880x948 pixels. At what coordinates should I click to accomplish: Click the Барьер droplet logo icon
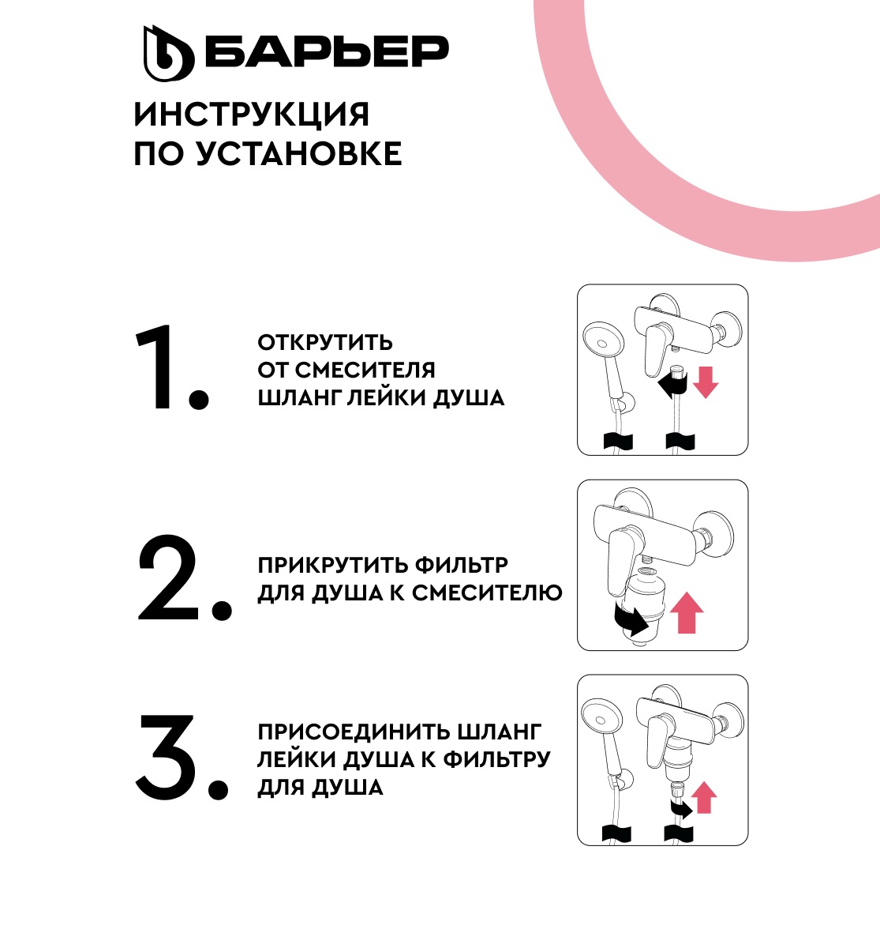pos(167,53)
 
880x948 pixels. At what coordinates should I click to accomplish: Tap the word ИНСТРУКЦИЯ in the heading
pos(251,115)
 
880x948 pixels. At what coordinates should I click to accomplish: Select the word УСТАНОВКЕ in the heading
pos(299,154)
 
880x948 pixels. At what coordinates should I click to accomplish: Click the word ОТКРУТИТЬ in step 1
pos(325,343)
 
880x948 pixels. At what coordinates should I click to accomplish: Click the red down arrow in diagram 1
pos(706,382)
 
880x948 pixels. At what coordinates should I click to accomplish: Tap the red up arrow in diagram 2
pos(687,613)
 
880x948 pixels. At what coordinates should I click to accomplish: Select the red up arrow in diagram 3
pos(703,796)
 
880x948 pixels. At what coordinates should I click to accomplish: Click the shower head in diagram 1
pos(601,345)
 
